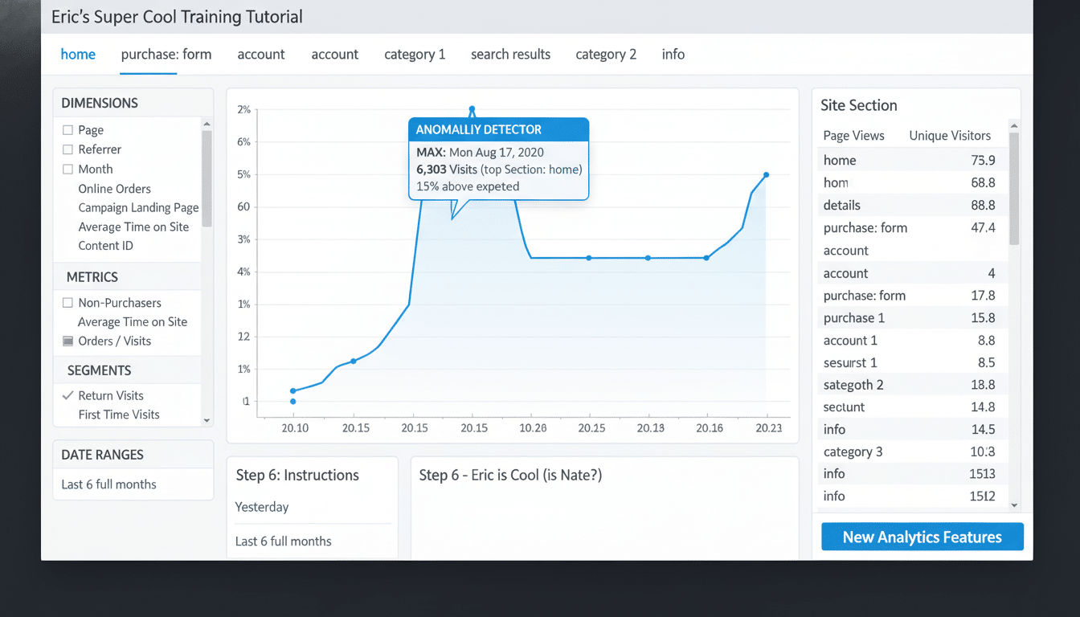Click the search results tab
(x=510, y=55)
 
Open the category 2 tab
(x=606, y=55)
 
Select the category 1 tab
(x=415, y=55)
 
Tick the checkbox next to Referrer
(x=68, y=149)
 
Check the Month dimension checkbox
(x=68, y=170)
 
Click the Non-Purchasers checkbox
(x=68, y=303)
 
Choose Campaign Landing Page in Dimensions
(x=138, y=207)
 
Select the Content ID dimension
(x=105, y=246)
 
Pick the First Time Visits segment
(x=119, y=415)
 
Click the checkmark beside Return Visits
(x=68, y=395)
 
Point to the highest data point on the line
(x=472, y=109)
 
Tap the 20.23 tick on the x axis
(x=768, y=428)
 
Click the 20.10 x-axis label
(x=295, y=428)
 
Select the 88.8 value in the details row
(x=983, y=205)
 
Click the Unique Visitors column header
(x=950, y=136)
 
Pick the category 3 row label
(x=853, y=452)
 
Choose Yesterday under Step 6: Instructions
(x=262, y=507)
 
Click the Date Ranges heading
(x=102, y=455)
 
